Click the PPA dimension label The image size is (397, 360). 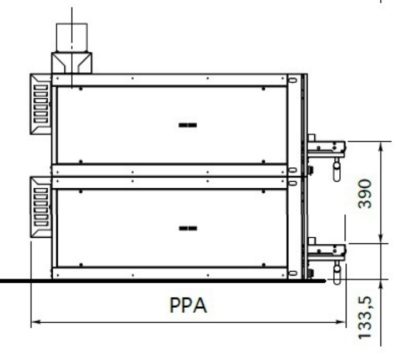[x=188, y=306]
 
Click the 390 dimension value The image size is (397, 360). [x=365, y=194]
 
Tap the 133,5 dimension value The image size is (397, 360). [x=365, y=318]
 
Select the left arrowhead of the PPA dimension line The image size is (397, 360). [x=36, y=322]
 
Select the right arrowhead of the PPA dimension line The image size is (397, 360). [x=340, y=322]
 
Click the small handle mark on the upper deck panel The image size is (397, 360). [x=188, y=125]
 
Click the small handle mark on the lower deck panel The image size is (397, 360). [x=188, y=228]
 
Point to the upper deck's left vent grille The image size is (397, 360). [x=41, y=104]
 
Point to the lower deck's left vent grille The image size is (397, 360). [x=41, y=207]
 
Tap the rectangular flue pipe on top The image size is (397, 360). [x=72, y=37]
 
